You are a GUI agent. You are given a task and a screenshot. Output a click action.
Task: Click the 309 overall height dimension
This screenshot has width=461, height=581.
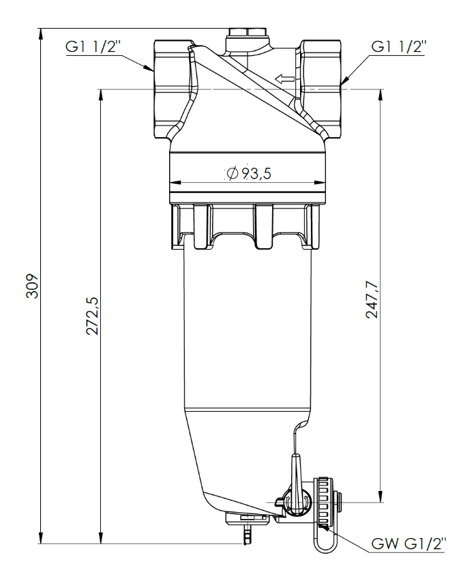point(33,286)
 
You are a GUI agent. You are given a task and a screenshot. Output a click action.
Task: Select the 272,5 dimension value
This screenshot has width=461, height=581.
point(92,316)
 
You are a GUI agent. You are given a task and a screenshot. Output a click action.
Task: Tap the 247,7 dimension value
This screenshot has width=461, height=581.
point(372,300)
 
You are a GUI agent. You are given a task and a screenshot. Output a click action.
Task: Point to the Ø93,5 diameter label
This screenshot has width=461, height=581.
point(249,173)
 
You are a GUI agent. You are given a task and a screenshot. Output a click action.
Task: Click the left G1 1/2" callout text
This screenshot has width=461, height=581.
point(93,47)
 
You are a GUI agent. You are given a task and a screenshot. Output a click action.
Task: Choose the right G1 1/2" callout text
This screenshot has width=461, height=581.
point(399,47)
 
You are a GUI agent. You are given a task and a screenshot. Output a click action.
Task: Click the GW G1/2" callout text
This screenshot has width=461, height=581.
point(408,543)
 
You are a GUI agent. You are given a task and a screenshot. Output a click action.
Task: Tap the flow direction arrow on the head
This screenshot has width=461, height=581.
point(284,78)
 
